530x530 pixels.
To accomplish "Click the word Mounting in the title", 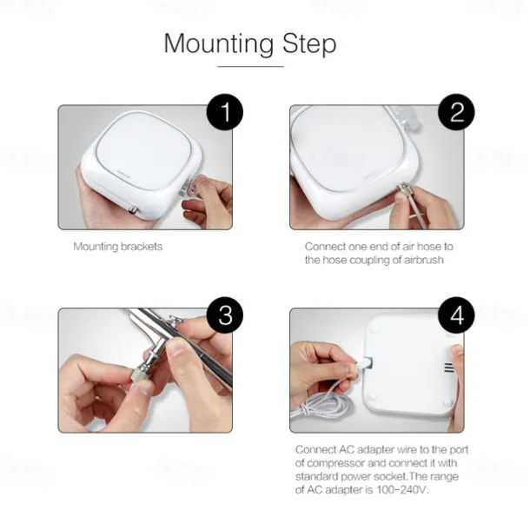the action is (219, 44).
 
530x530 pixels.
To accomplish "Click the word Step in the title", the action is (309, 44).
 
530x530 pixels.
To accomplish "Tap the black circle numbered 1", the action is (225, 112).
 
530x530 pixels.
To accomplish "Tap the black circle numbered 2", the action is (456, 112).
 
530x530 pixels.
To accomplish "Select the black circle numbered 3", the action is (225, 315).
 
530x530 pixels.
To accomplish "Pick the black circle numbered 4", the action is (456, 315).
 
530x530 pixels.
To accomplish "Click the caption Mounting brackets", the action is (118, 247).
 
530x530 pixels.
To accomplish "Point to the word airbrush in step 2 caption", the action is (423, 260).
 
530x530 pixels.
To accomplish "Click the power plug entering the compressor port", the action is (363, 364).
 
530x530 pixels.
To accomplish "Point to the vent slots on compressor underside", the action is (449, 368).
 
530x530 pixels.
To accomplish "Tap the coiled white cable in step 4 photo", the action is (321, 405).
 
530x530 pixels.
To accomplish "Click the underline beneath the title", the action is (250, 67).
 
